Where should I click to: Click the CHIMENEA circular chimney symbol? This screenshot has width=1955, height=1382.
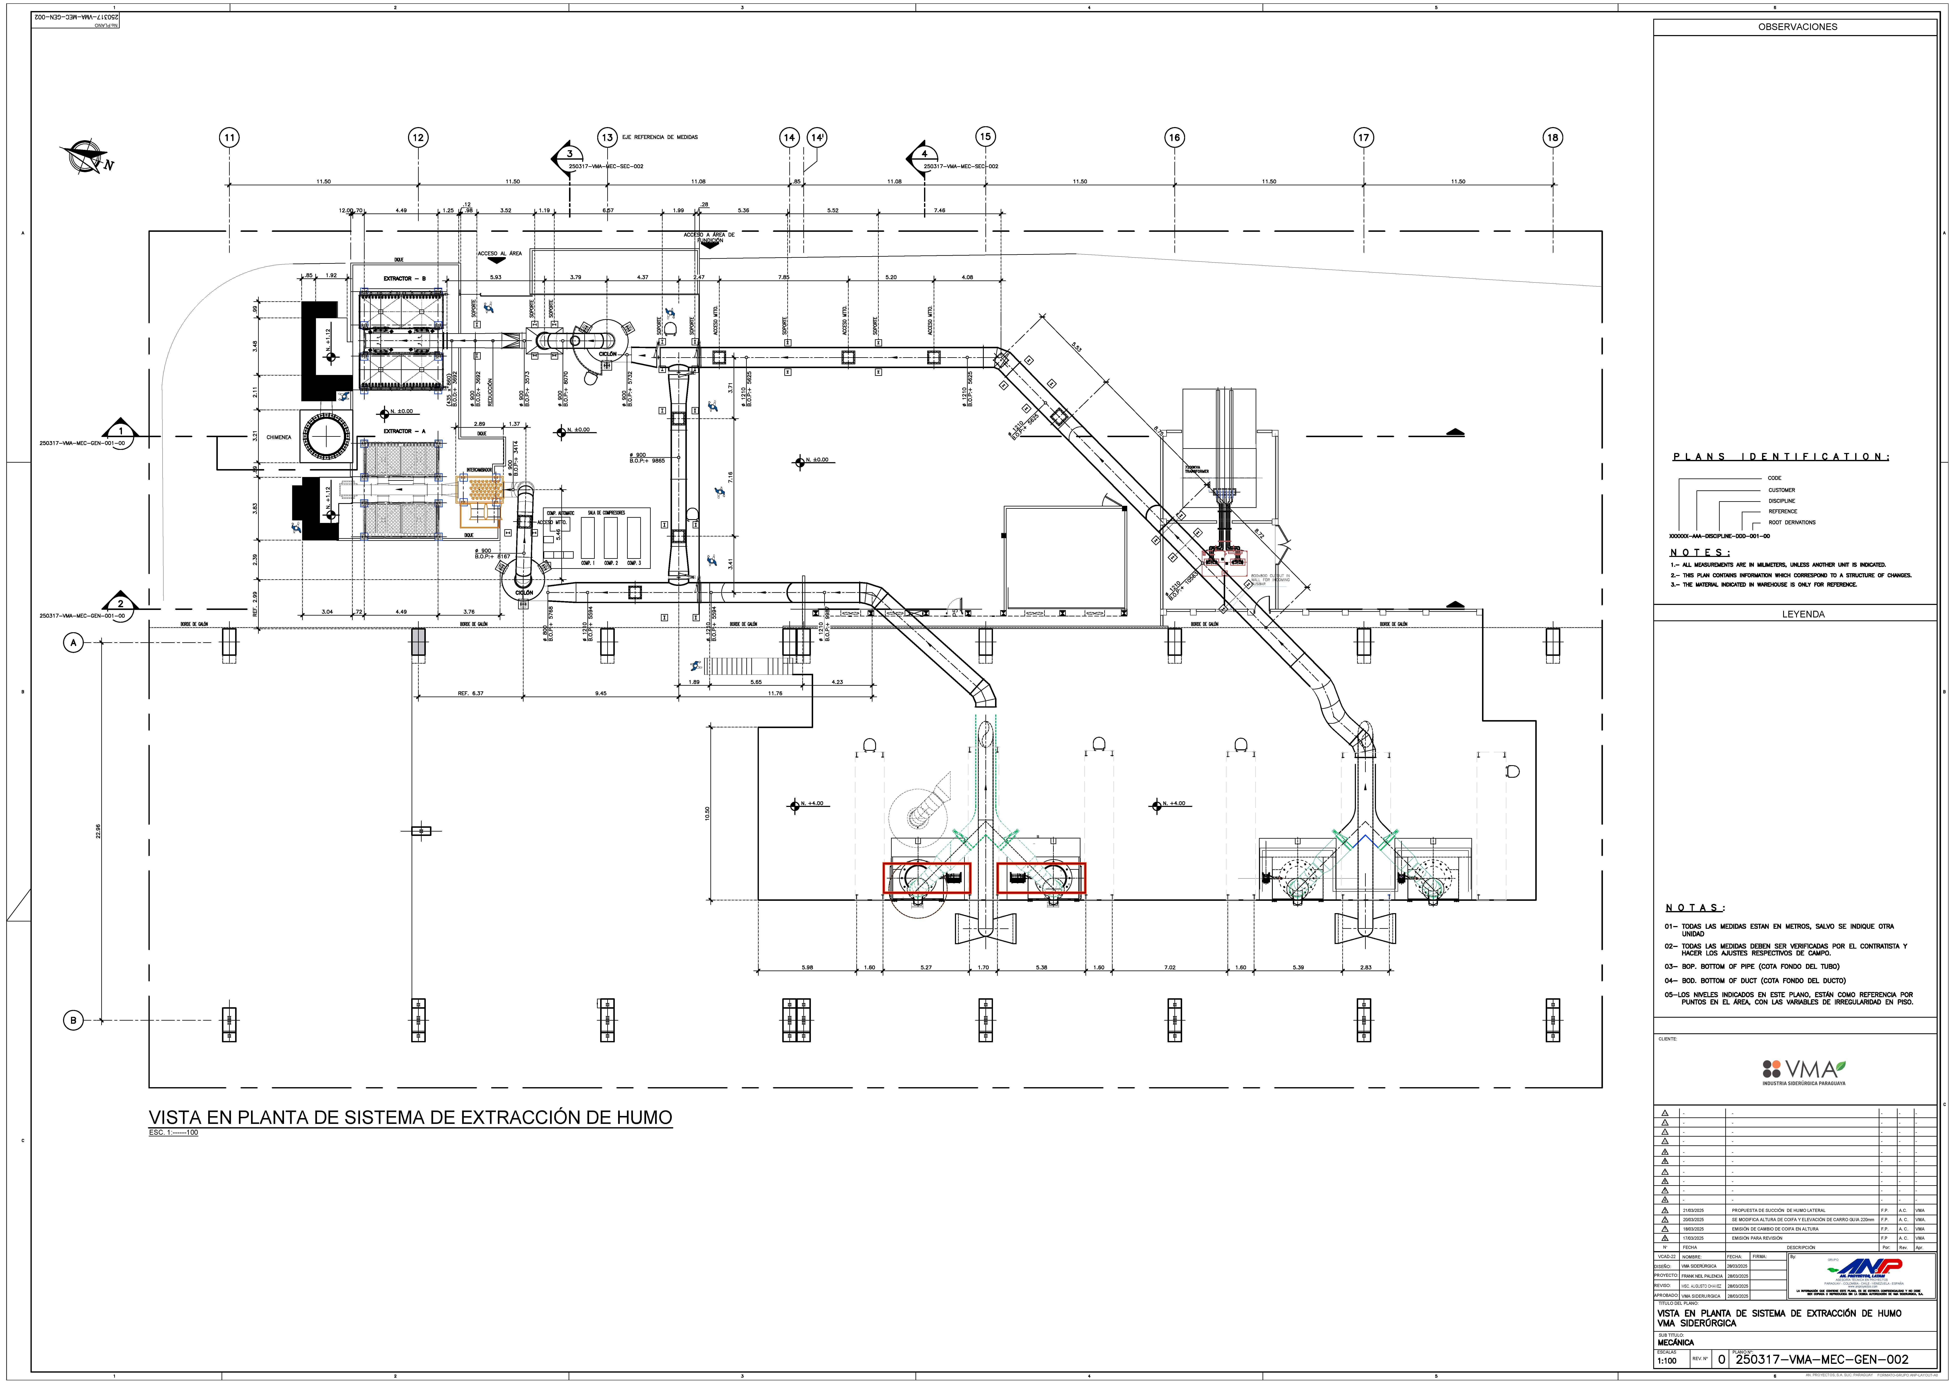[x=326, y=437]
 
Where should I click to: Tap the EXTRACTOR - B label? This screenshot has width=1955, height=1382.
[x=404, y=278]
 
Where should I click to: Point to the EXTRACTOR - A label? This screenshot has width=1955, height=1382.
[x=404, y=432]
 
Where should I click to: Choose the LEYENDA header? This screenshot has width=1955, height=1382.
[x=1803, y=613]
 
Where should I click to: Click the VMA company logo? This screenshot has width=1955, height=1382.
[x=1803, y=1071]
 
